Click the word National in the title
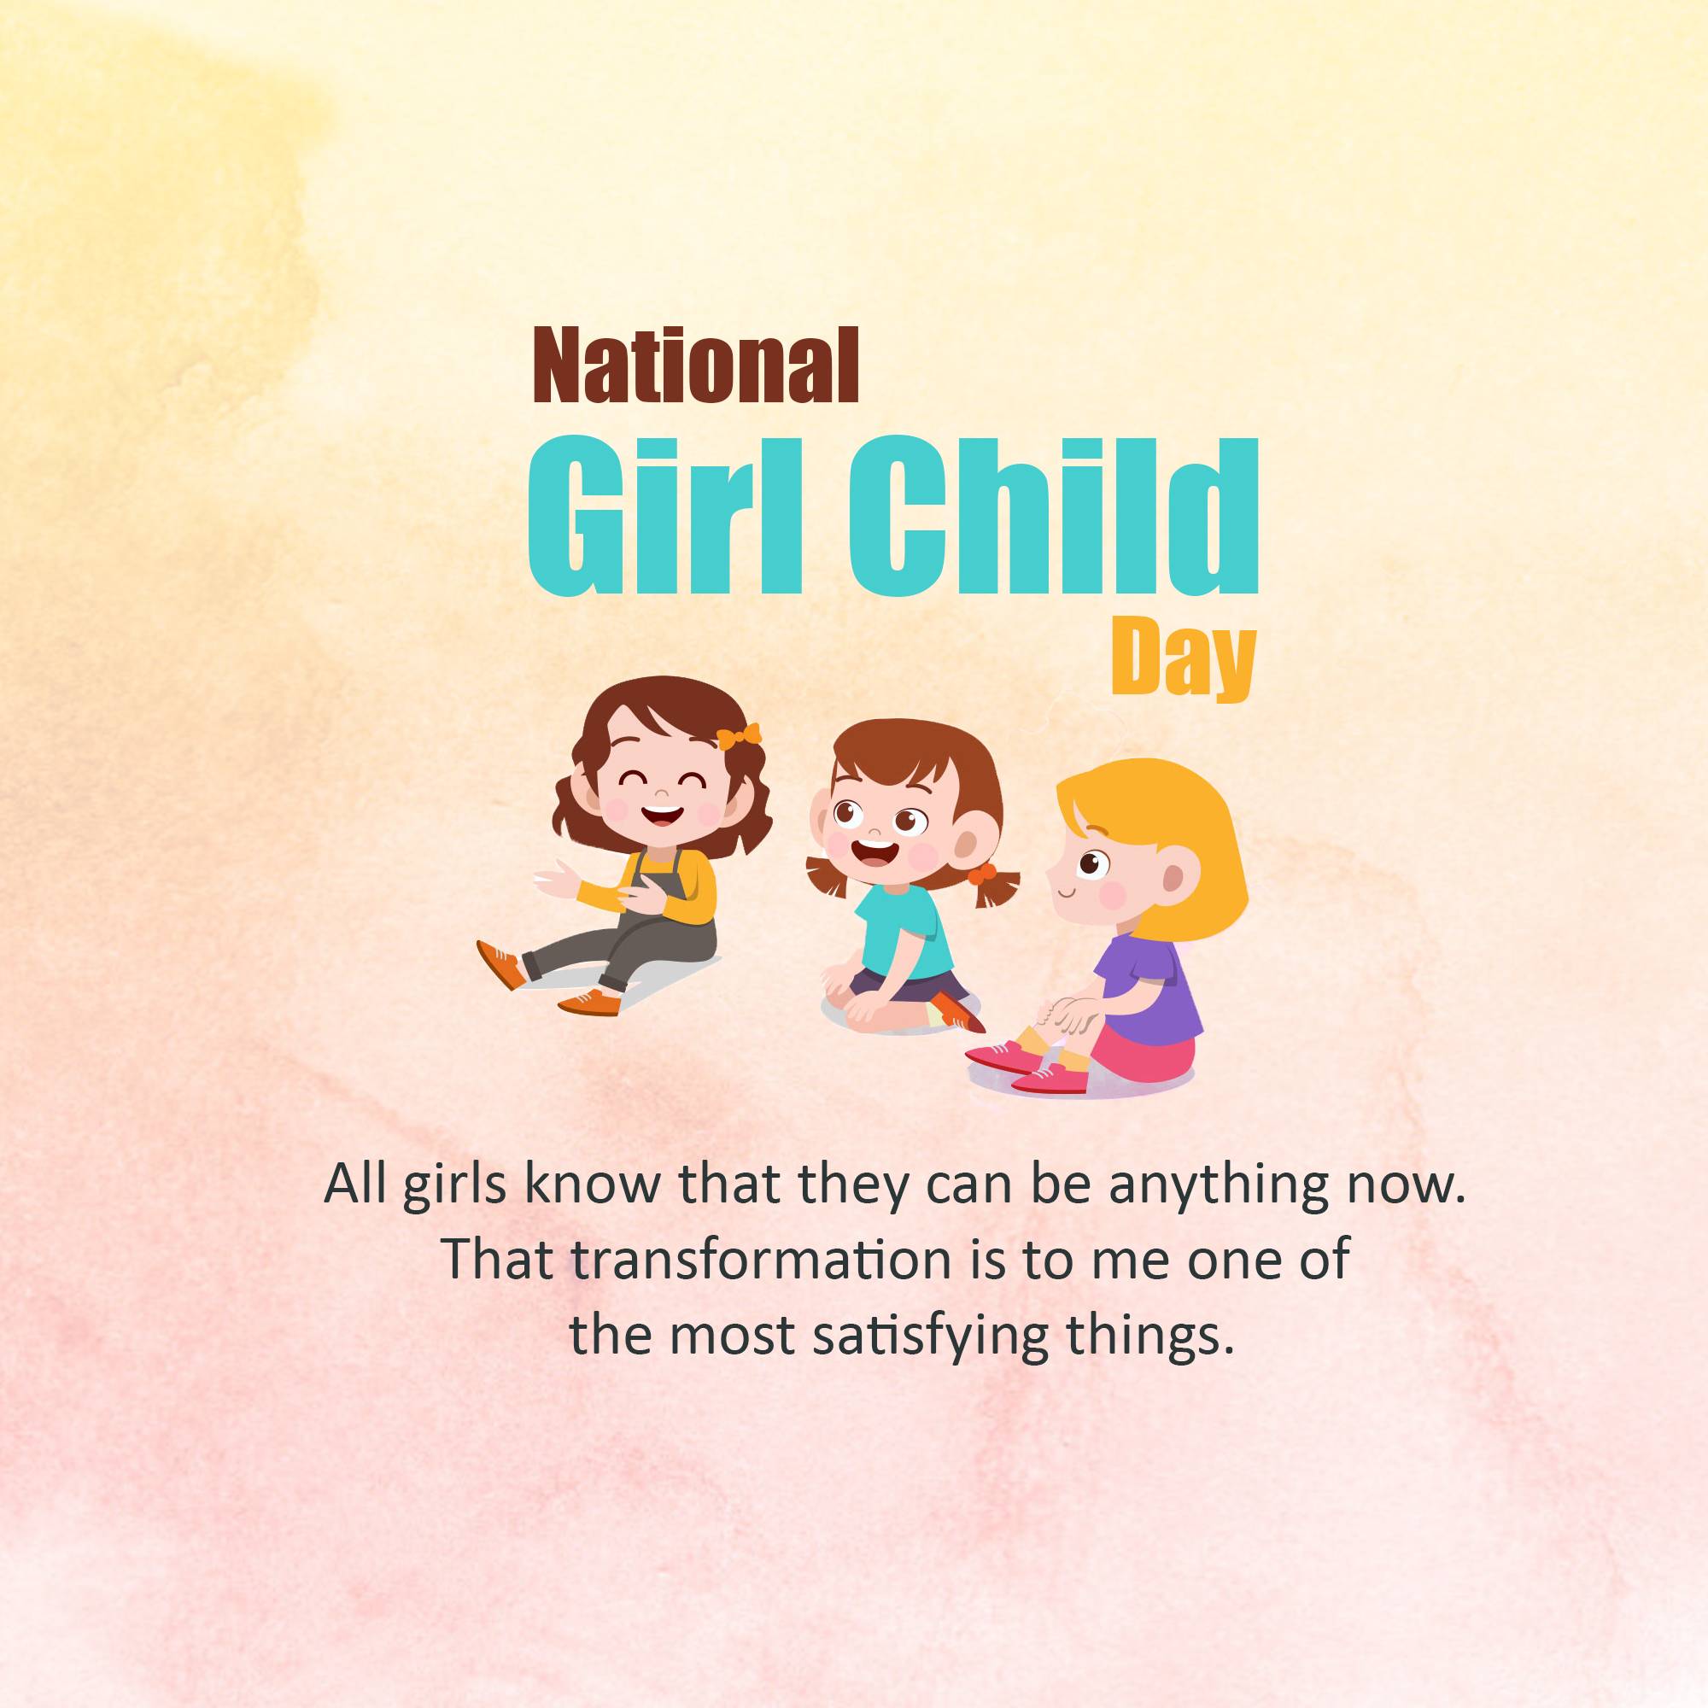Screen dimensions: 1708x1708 coord(695,365)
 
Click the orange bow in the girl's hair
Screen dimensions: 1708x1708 coord(738,735)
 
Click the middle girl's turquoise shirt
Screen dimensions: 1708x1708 coord(905,930)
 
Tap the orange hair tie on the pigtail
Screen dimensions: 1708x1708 coord(980,875)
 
